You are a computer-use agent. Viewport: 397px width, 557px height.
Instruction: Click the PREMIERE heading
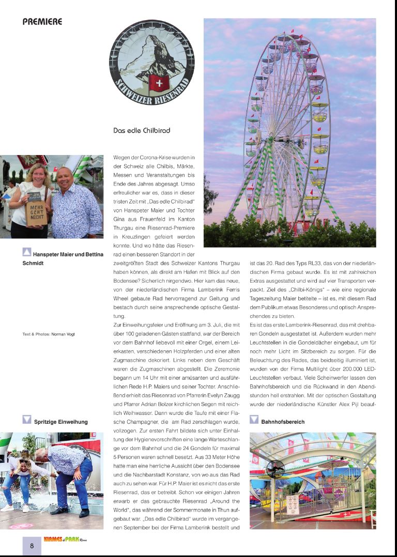tap(42, 22)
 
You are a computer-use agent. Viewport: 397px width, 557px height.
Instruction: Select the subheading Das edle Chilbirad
tap(142, 131)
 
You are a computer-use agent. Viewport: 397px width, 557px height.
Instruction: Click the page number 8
tap(32, 546)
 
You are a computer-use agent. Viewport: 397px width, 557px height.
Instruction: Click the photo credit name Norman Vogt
tap(63, 334)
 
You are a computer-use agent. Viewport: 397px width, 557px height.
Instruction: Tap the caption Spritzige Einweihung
tap(60, 422)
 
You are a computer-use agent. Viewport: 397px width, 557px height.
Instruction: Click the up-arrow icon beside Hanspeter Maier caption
tap(27, 253)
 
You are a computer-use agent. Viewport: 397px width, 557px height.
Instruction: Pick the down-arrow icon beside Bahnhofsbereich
tap(254, 420)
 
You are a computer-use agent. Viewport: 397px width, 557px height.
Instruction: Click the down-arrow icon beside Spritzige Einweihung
tap(27, 420)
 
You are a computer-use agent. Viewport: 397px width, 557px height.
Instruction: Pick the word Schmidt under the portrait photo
tap(33, 263)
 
